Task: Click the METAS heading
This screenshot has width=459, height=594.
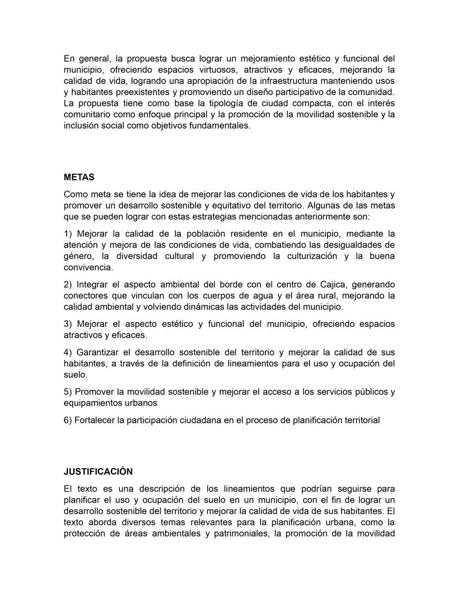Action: coord(79,177)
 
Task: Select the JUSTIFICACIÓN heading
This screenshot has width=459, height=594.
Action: coord(98,472)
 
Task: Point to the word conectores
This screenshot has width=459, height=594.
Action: coord(84,295)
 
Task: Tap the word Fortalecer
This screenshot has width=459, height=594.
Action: coord(95,420)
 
